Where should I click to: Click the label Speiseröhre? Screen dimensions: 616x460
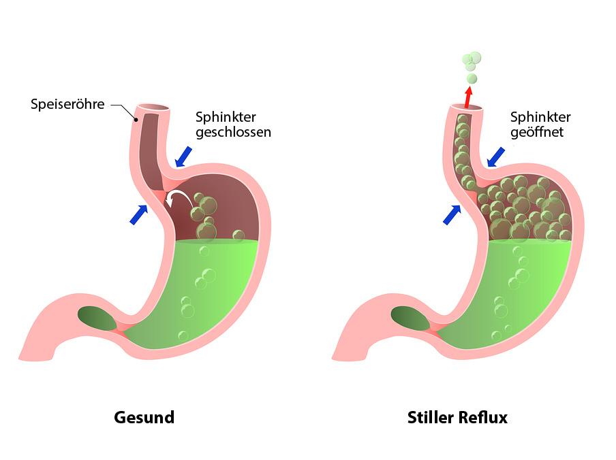click(67, 104)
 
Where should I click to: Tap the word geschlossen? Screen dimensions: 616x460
click(233, 132)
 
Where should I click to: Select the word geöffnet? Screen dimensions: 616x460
click(537, 132)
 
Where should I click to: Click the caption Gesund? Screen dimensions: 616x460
click(144, 417)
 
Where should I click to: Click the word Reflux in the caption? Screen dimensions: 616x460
click(483, 417)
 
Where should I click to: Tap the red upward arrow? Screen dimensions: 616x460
click(467, 97)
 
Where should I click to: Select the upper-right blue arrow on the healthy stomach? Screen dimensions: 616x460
click(183, 157)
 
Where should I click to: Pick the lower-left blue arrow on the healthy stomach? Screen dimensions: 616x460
click(139, 214)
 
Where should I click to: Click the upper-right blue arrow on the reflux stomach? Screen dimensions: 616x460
click(496, 157)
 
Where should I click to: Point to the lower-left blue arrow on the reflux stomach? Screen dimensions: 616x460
click(452, 214)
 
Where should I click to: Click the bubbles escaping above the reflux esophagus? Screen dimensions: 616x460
click(472, 67)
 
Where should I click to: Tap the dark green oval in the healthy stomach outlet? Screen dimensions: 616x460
click(97, 318)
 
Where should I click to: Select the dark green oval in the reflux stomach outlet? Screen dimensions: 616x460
click(410, 318)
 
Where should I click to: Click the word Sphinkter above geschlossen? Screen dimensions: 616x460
click(226, 117)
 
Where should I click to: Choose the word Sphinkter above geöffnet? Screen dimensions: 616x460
click(540, 117)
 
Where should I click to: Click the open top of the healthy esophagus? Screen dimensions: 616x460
click(154, 108)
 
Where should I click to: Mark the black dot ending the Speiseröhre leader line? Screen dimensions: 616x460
click(136, 120)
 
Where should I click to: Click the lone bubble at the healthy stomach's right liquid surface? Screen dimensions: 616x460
click(238, 235)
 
